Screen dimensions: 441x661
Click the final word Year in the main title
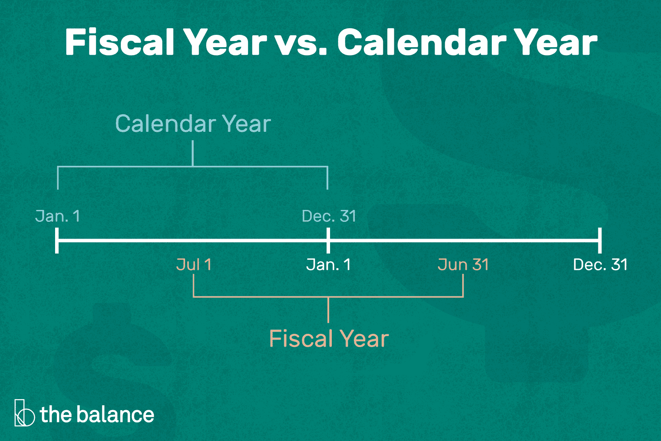tap(556, 42)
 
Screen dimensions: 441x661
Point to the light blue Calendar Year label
tap(193, 124)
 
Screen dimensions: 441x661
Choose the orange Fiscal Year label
tap(329, 339)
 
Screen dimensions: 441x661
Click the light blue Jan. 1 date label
tap(58, 216)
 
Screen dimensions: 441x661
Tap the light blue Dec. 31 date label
tap(329, 216)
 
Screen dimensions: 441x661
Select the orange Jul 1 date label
tap(194, 265)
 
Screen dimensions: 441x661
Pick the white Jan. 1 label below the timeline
tap(329, 265)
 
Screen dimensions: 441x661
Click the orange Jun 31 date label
tap(463, 265)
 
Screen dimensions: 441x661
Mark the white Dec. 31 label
tap(600, 265)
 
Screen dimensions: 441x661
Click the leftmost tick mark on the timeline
tap(57, 240)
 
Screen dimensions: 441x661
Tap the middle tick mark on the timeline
tap(328, 240)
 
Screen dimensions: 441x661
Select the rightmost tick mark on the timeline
tap(600, 240)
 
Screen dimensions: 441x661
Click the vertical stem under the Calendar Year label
tap(193, 153)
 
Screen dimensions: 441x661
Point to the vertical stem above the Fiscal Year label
tap(329, 310)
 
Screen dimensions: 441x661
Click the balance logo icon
tap(24, 413)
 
